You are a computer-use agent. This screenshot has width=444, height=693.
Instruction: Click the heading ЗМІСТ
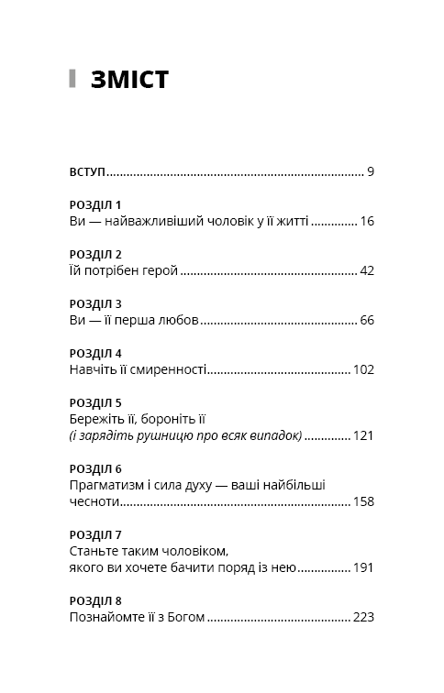point(129,80)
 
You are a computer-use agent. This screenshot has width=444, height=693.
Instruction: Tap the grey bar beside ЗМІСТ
point(72,79)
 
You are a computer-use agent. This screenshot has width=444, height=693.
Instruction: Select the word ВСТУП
point(87,171)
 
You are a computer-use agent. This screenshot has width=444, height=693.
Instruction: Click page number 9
point(370,171)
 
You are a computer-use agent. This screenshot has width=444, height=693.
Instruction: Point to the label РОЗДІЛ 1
point(95,204)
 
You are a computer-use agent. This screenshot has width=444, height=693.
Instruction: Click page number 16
point(367,221)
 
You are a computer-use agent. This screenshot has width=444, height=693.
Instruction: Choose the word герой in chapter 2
point(159,270)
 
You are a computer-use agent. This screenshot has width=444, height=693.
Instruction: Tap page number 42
point(367,270)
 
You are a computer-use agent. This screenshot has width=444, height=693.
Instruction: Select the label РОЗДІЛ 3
point(95,303)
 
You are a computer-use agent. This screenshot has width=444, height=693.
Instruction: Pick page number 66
point(367,320)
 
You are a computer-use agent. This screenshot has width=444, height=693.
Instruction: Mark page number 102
point(363,369)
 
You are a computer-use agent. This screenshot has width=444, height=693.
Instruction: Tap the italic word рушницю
point(161,435)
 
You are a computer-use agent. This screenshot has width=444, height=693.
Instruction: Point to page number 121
point(363,435)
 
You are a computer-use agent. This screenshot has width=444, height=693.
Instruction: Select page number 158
point(363,501)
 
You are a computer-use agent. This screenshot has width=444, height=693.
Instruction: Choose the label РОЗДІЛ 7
point(95,534)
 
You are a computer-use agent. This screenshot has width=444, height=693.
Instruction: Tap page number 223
point(363,617)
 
